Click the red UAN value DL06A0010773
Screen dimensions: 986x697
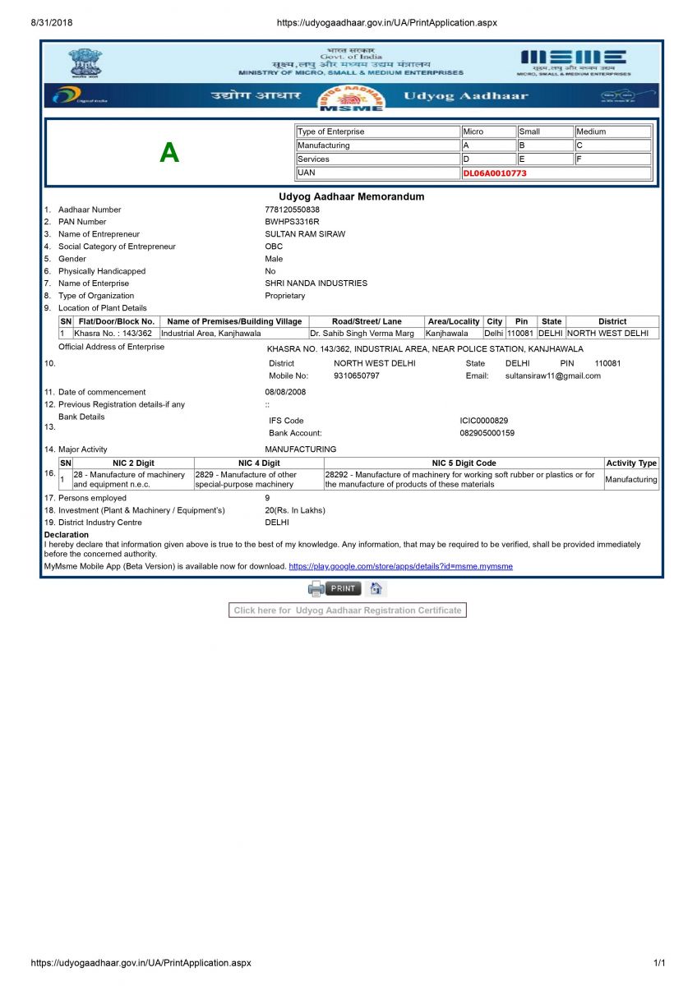[494, 173]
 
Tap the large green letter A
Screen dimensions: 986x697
[168, 152]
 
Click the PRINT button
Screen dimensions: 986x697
[344, 588]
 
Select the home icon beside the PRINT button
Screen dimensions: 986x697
[376, 588]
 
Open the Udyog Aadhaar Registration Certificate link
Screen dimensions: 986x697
[347, 610]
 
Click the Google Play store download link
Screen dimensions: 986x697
[400, 566]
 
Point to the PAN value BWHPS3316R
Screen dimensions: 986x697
[292, 222]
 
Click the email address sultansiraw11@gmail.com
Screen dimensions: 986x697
[552, 376]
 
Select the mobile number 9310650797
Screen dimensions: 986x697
[357, 376]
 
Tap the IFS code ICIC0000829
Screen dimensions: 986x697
[484, 421]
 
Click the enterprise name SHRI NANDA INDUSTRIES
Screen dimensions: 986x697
[316, 283]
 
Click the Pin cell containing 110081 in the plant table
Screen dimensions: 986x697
[521, 334]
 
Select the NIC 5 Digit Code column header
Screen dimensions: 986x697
[464, 463]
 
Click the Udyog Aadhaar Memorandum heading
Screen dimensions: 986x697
[351, 196]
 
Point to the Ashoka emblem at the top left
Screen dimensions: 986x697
[85, 62]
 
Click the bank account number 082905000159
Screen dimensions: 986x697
[487, 433]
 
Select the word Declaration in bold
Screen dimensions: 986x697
[66, 535]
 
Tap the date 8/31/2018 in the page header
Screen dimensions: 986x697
[52, 23]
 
